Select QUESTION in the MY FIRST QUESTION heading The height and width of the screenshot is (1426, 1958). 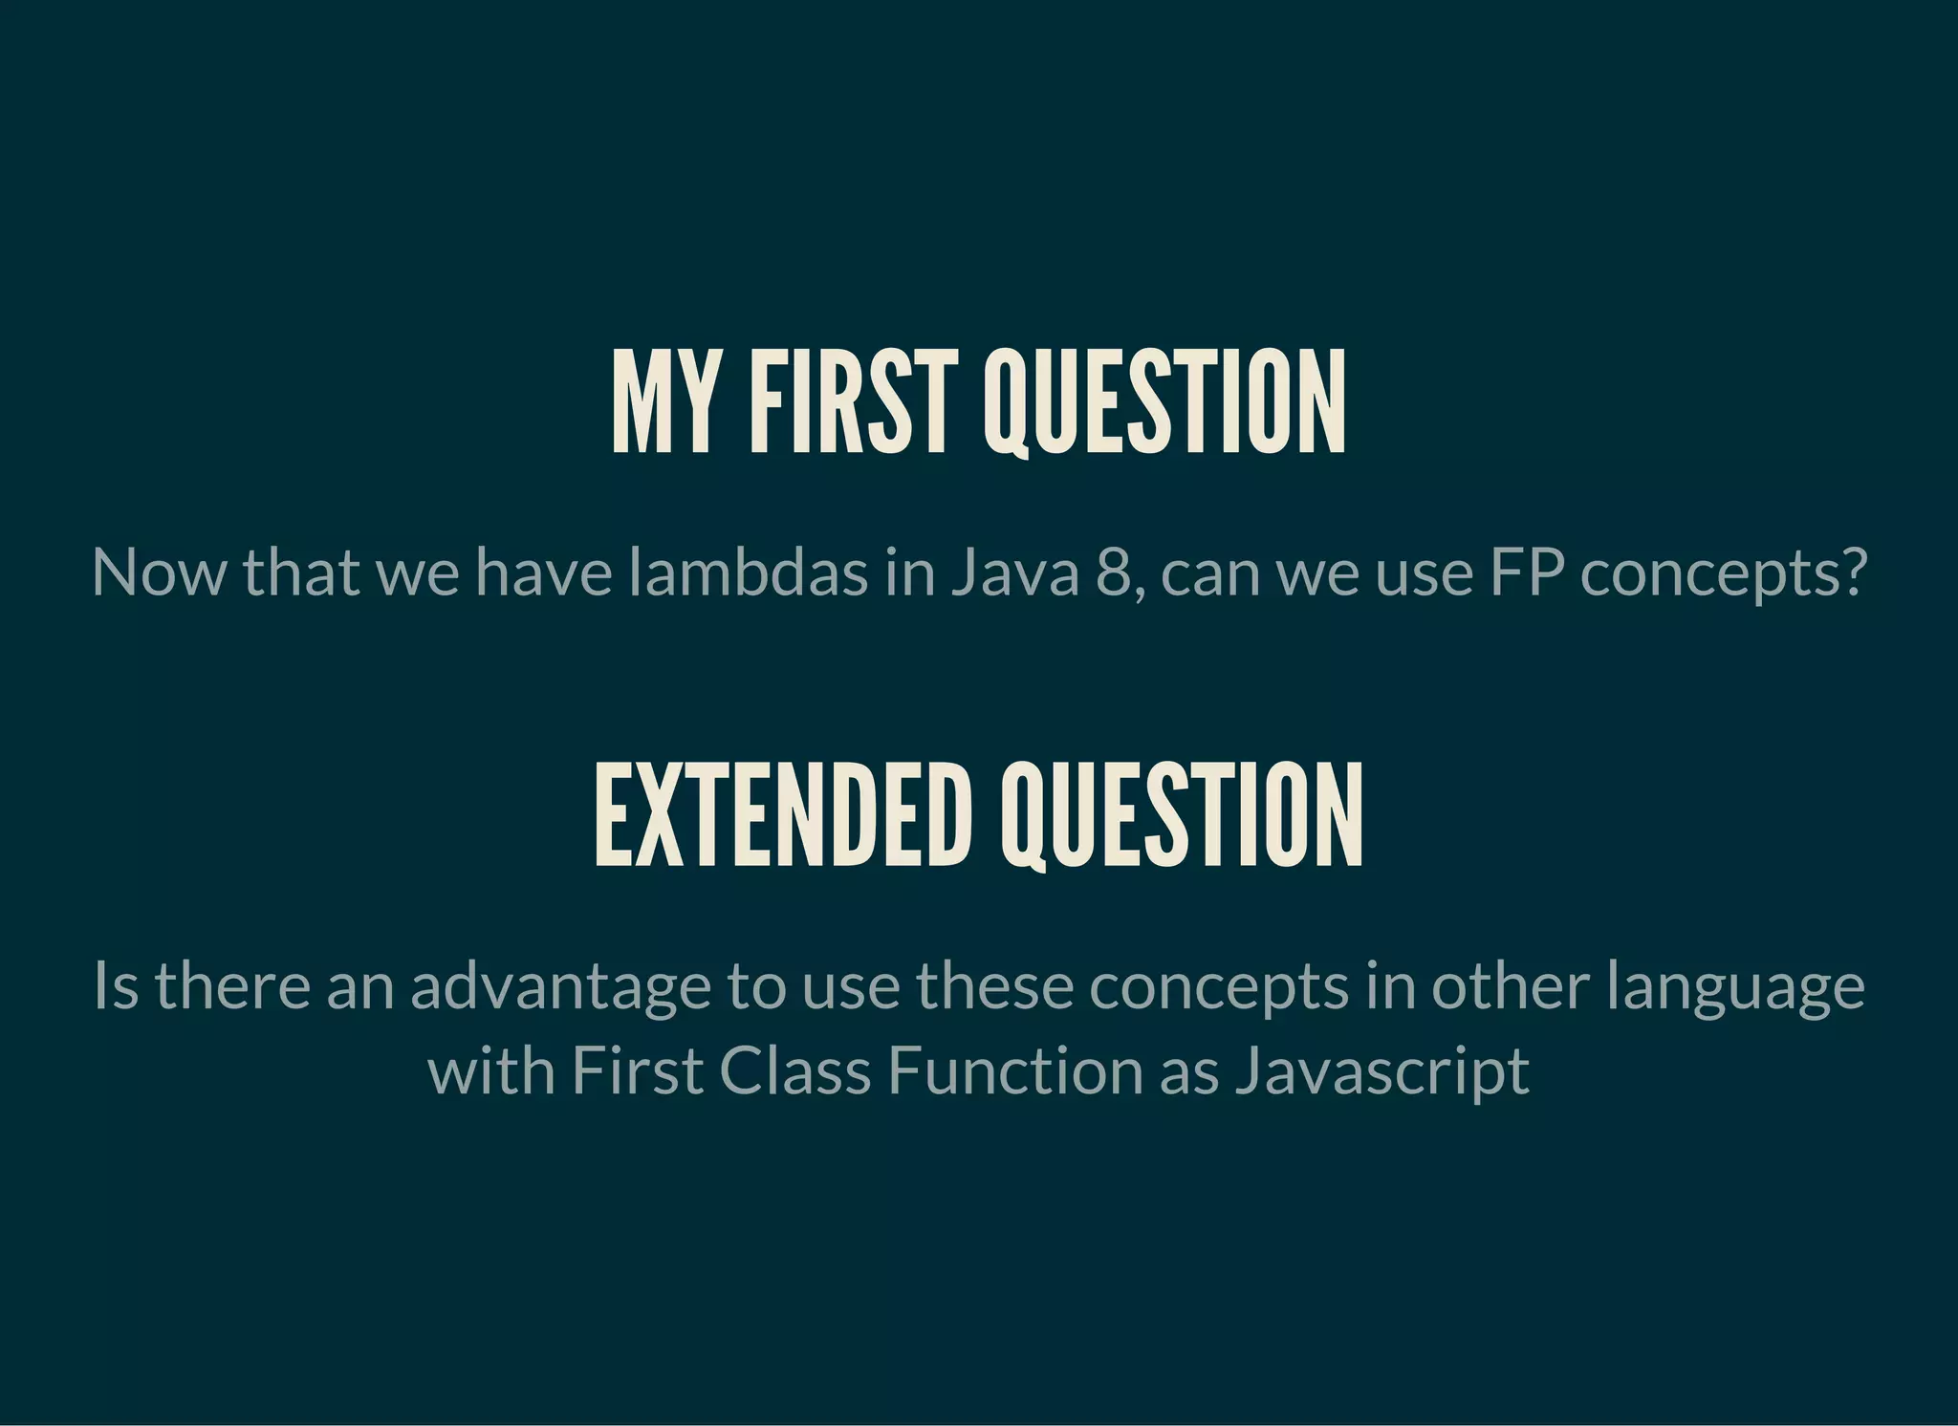(1164, 401)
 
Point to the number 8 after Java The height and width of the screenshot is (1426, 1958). (1114, 573)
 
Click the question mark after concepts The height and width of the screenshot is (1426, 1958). (1854, 573)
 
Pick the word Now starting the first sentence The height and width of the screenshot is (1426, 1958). (159, 573)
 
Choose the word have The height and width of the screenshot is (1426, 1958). (543, 573)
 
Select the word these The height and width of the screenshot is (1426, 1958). (994, 986)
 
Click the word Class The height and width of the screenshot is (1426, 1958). (794, 1070)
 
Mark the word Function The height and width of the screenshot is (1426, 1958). (1014, 1070)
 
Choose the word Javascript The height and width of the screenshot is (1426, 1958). (1381, 1070)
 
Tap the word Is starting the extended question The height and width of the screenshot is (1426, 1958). (116, 986)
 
